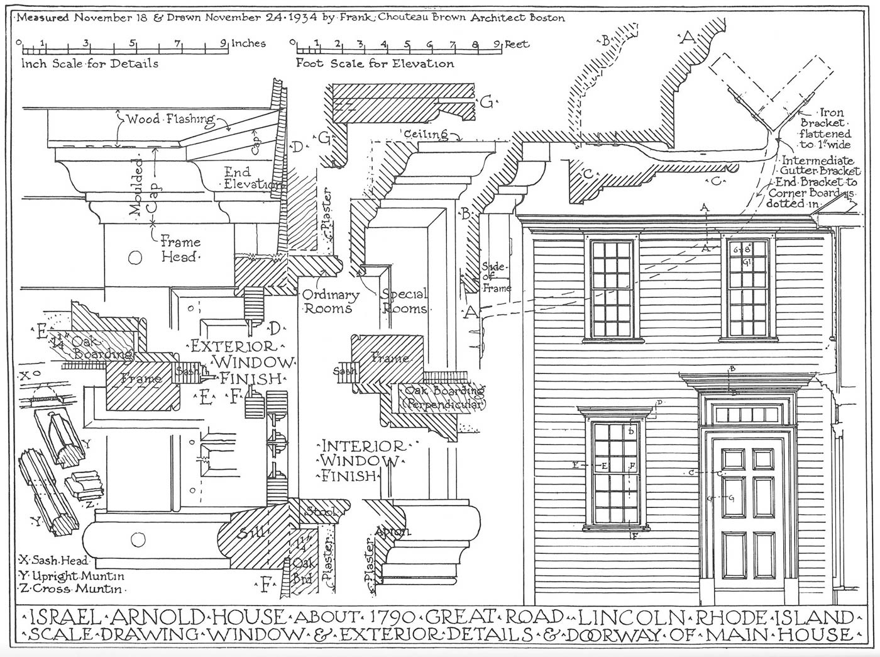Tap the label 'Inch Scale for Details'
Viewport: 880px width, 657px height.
[90, 64]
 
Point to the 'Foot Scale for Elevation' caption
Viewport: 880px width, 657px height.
[375, 64]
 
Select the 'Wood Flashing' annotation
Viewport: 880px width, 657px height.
[170, 119]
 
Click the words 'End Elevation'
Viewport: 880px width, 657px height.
[251, 178]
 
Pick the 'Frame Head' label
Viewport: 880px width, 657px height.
[180, 249]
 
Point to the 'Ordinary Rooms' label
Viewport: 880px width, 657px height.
[331, 301]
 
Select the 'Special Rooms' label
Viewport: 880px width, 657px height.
[404, 301]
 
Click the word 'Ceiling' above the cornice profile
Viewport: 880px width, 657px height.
[426, 134]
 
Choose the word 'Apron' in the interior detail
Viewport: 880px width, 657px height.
[392, 532]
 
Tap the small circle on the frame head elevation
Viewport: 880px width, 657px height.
[134, 257]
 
